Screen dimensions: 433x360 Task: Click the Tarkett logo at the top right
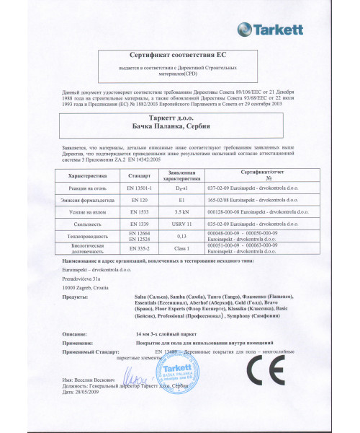coord(297,27)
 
